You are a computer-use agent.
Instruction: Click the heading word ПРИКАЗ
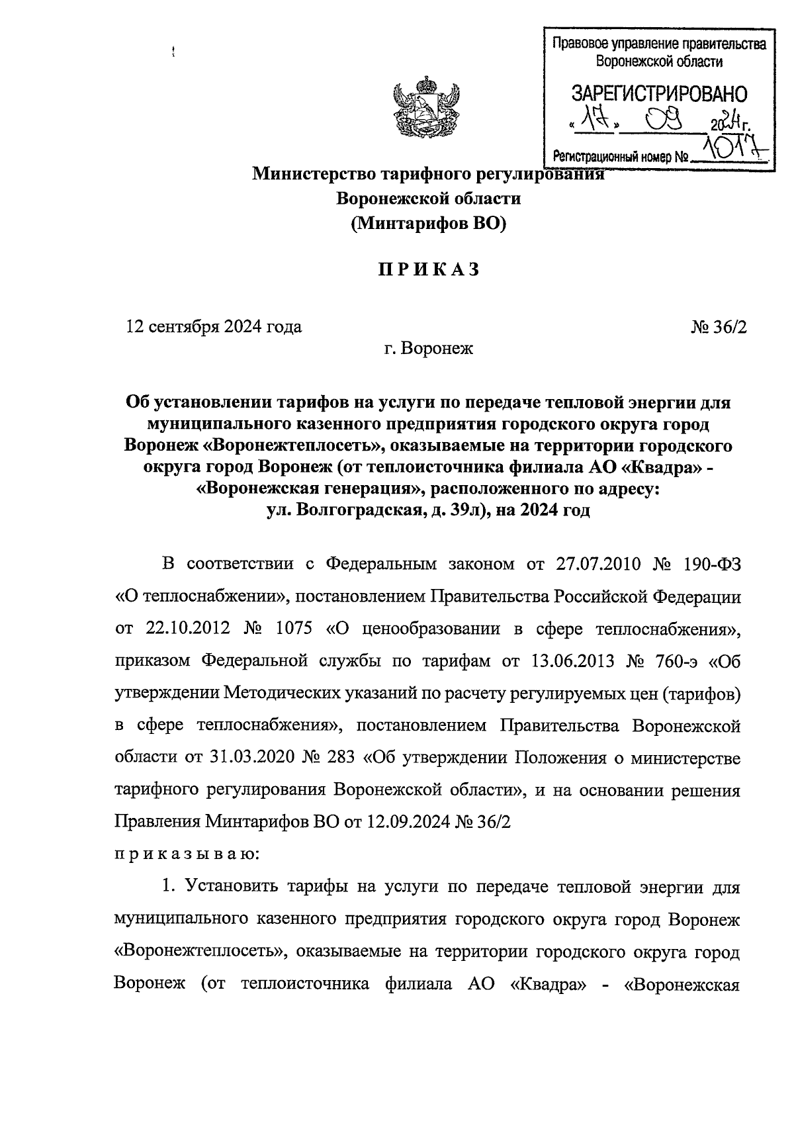point(428,270)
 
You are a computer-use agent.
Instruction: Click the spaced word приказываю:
point(187,854)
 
